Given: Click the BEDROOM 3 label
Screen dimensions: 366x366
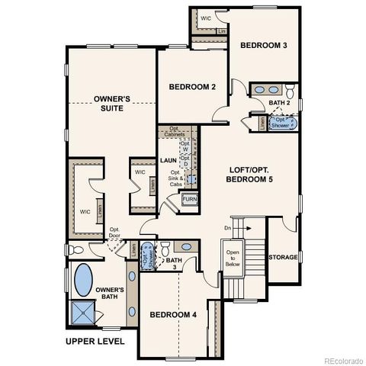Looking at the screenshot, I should tap(263, 46).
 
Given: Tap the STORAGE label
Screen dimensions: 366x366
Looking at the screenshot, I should tap(283, 258).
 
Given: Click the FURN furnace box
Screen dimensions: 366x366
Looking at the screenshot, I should tap(189, 201).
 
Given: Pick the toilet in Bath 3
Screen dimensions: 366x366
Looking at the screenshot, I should tap(165, 247).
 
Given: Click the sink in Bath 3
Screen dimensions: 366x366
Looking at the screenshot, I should tap(183, 246).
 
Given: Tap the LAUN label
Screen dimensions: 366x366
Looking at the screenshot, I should tap(169, 161).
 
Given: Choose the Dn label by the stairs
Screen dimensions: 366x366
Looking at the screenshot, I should tap(226, 227).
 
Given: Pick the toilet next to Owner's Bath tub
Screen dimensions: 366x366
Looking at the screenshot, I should tap(72, 250).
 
